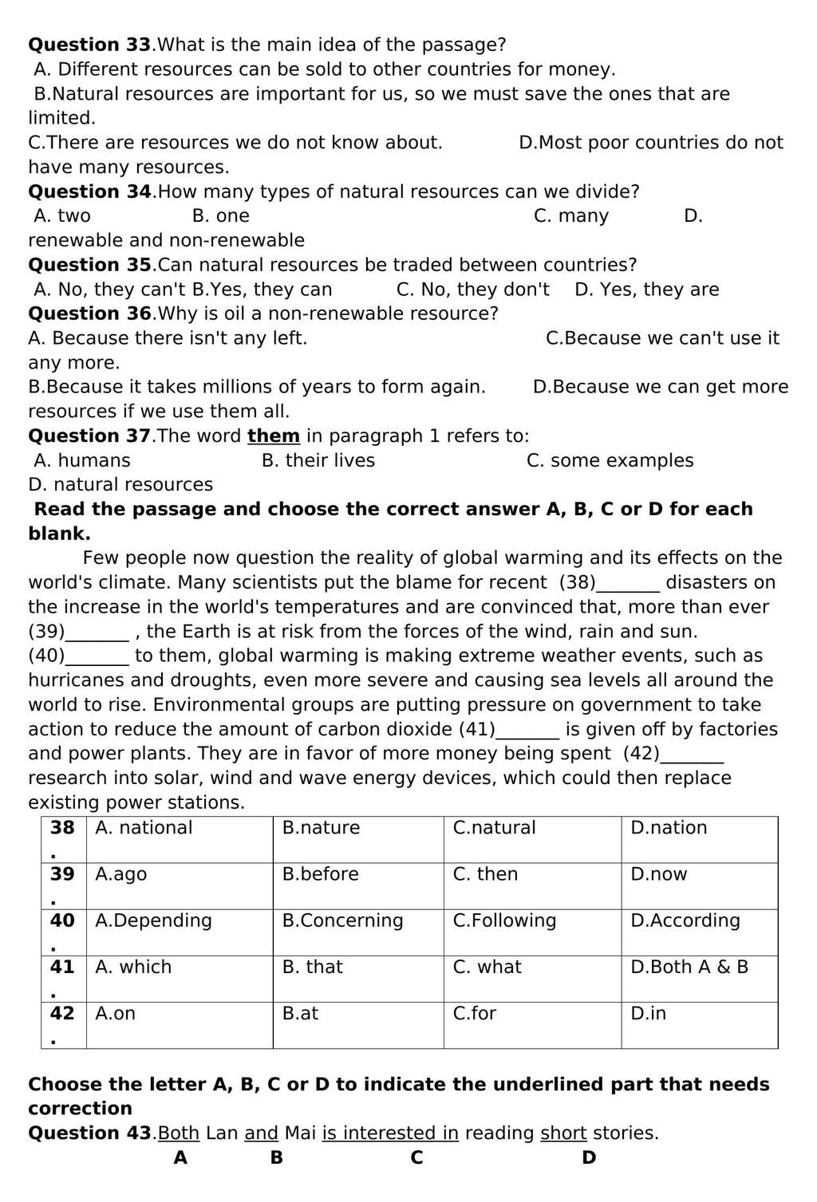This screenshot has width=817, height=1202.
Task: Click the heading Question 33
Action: click(x=89, y=45)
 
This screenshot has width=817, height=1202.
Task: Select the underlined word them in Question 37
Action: click(x=273, y=436)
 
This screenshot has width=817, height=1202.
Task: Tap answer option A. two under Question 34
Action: click(x=62, y=216)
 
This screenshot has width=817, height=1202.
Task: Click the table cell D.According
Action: click(x=685, y=920)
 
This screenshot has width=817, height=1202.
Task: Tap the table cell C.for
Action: click(x=474, y=1013)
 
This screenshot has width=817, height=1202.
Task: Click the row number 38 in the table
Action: click(x=62, y=828)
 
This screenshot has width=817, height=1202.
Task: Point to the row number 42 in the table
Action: click(x=62, y=1013)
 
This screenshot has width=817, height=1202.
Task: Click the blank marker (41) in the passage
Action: click(x=477, y=730)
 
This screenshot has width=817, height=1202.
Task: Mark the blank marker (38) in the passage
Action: click(x=577, y=583)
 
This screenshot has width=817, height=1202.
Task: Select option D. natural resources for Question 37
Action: click(x=120, y=485)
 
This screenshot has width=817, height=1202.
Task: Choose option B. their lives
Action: click(x=318, y=461)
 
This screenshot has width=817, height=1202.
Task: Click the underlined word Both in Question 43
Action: click(x=179, y=1133)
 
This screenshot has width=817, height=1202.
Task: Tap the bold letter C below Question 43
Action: click(x=416, y=1158)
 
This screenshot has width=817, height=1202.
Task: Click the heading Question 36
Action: click(x=89, y=313)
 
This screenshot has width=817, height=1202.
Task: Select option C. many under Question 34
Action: click(x=570, y=216)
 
